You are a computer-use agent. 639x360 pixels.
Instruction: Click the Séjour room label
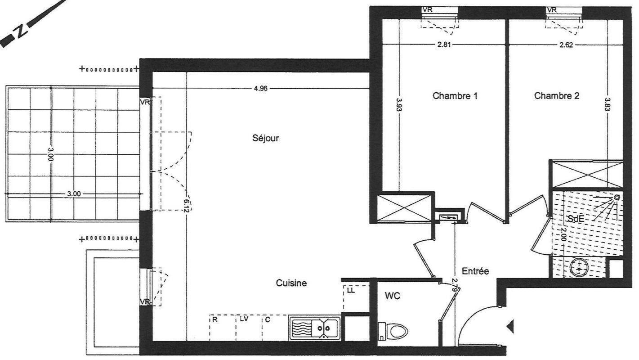265,139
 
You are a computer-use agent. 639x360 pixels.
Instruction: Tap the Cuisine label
291,283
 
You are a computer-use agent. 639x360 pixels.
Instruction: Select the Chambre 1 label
455,96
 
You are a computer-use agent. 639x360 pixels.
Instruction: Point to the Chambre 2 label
557,96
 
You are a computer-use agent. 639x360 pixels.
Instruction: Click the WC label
392,296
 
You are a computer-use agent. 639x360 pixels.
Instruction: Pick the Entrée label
475,271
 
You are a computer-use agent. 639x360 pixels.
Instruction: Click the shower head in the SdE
617,197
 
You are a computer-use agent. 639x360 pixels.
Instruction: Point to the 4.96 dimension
261,89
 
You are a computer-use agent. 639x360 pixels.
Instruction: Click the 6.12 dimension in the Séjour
187,206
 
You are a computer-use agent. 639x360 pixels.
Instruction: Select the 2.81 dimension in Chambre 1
444,45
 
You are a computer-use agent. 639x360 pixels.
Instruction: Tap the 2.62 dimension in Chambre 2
566,45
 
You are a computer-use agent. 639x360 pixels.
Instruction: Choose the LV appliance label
244,319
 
